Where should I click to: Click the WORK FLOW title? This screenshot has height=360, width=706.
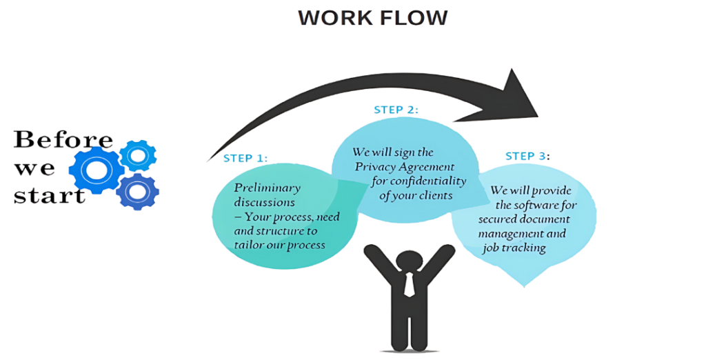pyautogui.click(x=372, y=19)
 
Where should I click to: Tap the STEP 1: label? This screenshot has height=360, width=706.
pyautogui.click(x=245, y=159)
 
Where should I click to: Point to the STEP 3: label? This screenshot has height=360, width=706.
pyautogui.click(x=527, y=157)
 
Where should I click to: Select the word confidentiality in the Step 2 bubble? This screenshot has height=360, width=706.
pyautogui.click(x=432, y=181)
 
